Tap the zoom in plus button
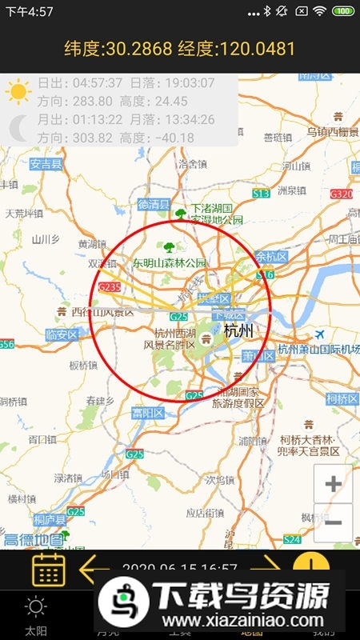[x=334, y=483]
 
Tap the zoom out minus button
[x=334, y=523]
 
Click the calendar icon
[x=48, y=569]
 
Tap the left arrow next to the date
[x=94, y=570]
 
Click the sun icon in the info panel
[x=18, y=92]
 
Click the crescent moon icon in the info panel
[x=18, y=128]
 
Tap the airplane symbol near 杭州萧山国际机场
[x=321, y=334]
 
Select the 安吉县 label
[x=46, y=165]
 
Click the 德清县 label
[x=154, y=204]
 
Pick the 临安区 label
[x=62, y=334]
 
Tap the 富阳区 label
[x=148, y=414]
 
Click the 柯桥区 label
[x=342, y=398]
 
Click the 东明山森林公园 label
[x=170, y=262]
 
